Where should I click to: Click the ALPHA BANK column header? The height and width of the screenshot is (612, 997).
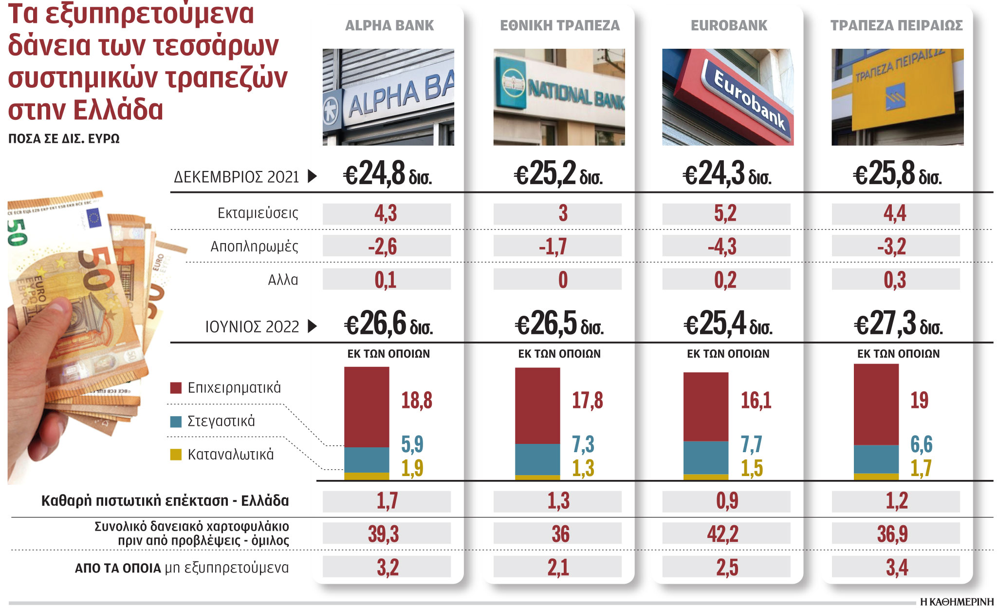pos(389,25)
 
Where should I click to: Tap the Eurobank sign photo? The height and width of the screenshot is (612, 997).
pos(728,97)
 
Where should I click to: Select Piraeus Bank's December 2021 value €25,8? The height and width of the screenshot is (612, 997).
pos(897,174)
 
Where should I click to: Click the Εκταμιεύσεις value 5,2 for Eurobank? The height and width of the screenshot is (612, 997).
pos(725,213)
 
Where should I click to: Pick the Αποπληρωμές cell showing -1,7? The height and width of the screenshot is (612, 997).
pos(553,247)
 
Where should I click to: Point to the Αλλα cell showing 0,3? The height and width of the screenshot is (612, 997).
pos(895,280)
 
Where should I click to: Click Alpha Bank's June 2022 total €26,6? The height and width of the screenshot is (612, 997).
pos(388,324)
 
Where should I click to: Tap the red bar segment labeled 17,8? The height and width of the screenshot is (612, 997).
pos(537,405)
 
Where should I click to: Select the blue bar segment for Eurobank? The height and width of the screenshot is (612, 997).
pos(706,457)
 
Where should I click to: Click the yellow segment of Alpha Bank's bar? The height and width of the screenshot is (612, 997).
pos(367,476)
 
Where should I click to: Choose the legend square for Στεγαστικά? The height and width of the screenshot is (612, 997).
pos(176,421)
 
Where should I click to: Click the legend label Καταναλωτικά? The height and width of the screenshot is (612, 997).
pos(231,455)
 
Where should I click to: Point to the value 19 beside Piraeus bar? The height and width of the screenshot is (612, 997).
pos(919,401)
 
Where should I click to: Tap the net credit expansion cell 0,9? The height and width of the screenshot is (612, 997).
pos(727,501)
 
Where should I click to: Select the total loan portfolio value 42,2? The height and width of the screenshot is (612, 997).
pos(723,534)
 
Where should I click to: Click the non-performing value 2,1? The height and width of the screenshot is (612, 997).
pos(558,568)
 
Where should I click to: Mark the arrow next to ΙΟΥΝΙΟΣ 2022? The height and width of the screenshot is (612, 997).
pos(313,326)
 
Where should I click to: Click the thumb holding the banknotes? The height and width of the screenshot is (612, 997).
pos(54,312)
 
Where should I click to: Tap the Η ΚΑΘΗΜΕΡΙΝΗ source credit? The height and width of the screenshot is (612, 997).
pos(956,602)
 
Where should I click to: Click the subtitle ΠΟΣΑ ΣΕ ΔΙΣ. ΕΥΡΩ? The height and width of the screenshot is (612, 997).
pos(64,139)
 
